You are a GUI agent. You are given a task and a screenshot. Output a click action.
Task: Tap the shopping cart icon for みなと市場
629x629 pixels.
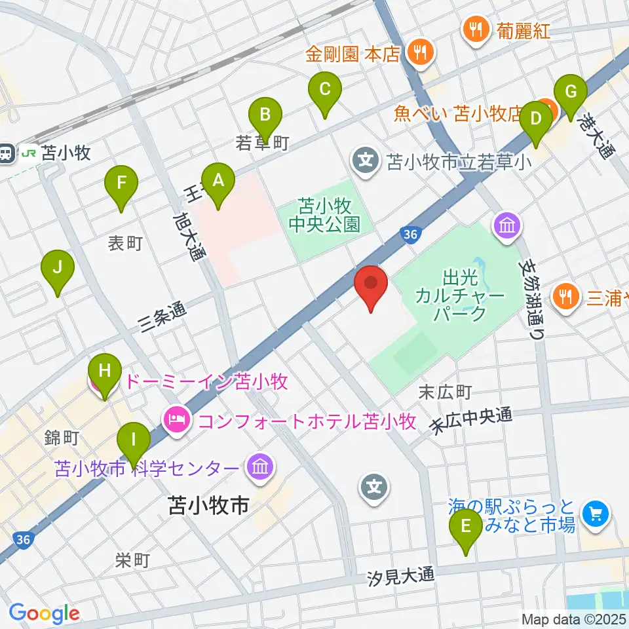coord(596,512)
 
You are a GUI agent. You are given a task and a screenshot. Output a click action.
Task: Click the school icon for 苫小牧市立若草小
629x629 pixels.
coord(364,160)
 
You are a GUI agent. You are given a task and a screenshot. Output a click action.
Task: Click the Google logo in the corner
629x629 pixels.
coord(44,614)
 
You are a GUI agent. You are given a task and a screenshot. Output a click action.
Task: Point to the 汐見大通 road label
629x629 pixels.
coord(401,577)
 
